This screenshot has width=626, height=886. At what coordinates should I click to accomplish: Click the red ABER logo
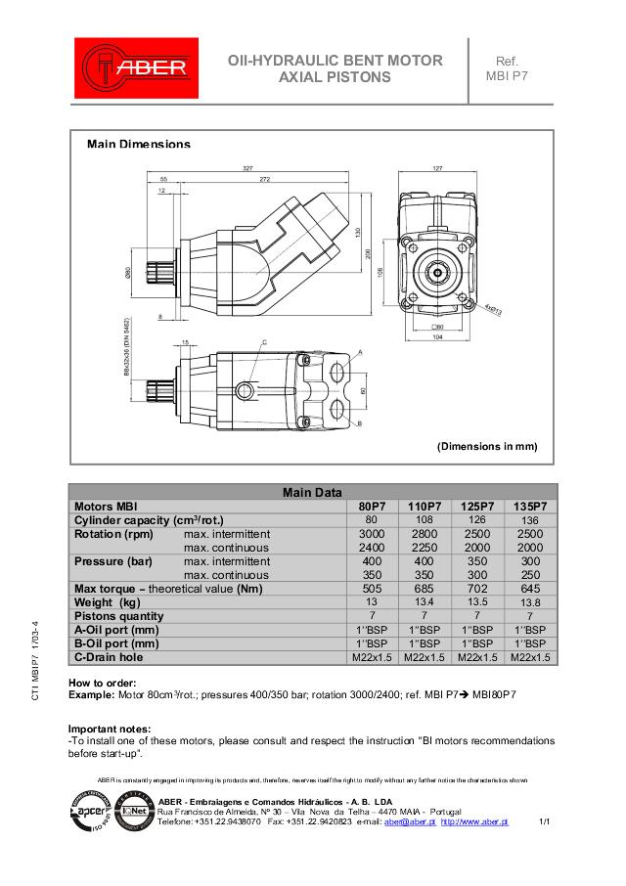click(136, 68)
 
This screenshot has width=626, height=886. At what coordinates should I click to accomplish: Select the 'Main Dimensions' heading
click(139, 144)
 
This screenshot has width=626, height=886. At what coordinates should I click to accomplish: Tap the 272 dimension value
click(265, 180)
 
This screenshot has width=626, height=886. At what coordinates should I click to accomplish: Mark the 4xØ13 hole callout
click(493, 308)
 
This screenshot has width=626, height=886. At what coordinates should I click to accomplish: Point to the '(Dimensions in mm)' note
click(486, 446)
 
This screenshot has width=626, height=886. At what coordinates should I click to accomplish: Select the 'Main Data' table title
click(312, 492)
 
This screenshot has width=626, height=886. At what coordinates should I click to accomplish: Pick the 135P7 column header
click(529, 506)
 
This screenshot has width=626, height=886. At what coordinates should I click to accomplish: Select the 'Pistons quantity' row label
click(118, 616)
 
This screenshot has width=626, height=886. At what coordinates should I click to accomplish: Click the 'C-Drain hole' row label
click(109, 657)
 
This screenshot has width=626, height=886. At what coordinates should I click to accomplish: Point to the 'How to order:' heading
click(102, 682)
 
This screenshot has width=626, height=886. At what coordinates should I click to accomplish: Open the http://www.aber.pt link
click(474, 822)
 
